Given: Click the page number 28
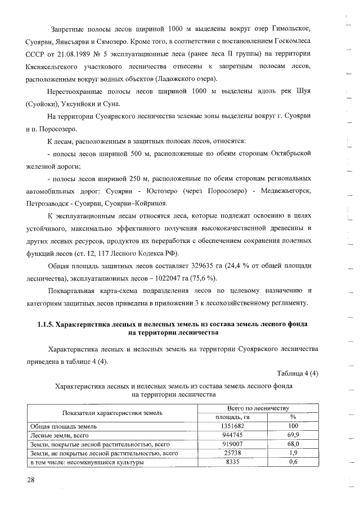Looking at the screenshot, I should [x=30, y=479].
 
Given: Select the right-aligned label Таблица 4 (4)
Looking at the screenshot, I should [x=298, y=374].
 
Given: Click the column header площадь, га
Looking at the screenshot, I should [x=232, y=417].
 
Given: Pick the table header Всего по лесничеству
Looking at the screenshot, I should [x=258, y=407].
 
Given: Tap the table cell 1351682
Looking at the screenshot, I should [x=233, y=426].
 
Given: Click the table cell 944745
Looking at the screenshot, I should [x=233, y=435].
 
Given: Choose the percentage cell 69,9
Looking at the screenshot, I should [x=292, y=435].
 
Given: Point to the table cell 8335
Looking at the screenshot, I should [x=233, y=462].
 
